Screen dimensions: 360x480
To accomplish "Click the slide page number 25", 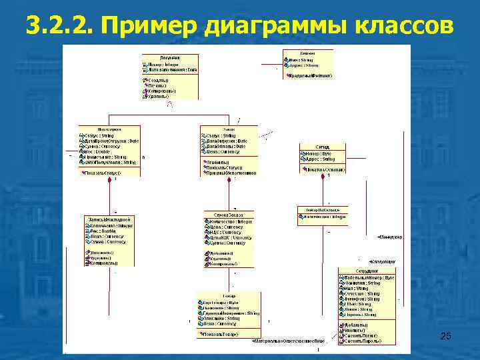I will pyautogui.click(x=446, y=337).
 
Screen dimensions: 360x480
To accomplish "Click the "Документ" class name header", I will pyautogui.click(x=170, y=58).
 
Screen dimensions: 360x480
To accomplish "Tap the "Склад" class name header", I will pyautogui.click(x=322, y=147).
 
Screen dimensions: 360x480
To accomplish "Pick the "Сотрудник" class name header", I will pyautogui.click(x=367, y=271).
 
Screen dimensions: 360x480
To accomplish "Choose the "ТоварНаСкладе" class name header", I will pyautogui.click(x=323, y=210).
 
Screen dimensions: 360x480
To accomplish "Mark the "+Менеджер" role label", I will pyautogui.click(x=389, y=237).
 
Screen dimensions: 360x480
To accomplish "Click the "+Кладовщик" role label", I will pyautogui.click(x=383, y=261).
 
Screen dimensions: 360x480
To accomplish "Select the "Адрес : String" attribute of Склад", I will pyautogui.click(x=320, y=159).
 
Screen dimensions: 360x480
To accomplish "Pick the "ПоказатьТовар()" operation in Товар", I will pyautogui.click(x=221, y=333).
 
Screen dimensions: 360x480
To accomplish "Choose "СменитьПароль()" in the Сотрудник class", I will pyautogui.click(x=364, y=340).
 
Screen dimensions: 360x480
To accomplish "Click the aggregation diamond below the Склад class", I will pyautogui.click(x=323, y=177).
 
